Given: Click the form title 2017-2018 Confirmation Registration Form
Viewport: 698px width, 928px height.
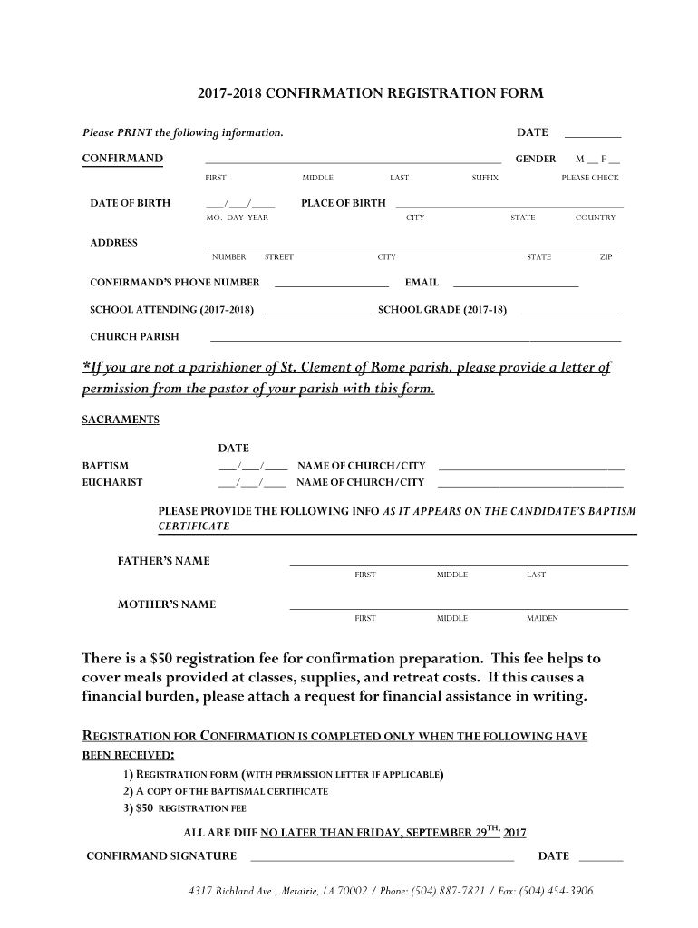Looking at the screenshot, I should (371, 93).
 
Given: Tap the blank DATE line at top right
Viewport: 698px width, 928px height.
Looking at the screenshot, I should (592, 136).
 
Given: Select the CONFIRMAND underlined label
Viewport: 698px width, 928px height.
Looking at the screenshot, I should (122, 159).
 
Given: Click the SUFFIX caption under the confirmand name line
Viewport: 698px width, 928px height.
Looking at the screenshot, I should (485, 178).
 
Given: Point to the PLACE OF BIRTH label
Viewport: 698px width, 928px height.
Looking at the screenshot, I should (343, 203).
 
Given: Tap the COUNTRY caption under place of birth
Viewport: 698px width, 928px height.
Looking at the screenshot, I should (595, 217).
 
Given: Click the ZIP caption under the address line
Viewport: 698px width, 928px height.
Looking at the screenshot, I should (606, 257).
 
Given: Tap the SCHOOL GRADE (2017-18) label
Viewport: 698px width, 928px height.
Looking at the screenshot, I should (441, 310).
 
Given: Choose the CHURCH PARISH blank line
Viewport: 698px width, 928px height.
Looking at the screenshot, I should (415, 339).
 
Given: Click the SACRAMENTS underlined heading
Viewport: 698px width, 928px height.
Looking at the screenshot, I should (121, 420).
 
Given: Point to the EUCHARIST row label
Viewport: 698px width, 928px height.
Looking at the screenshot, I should (112, 482).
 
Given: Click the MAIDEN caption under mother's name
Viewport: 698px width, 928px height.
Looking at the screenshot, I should (542, 618).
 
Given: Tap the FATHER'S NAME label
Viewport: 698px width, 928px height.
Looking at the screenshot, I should (163, 561).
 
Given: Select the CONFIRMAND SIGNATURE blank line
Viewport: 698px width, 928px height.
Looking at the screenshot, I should (381, 858).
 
